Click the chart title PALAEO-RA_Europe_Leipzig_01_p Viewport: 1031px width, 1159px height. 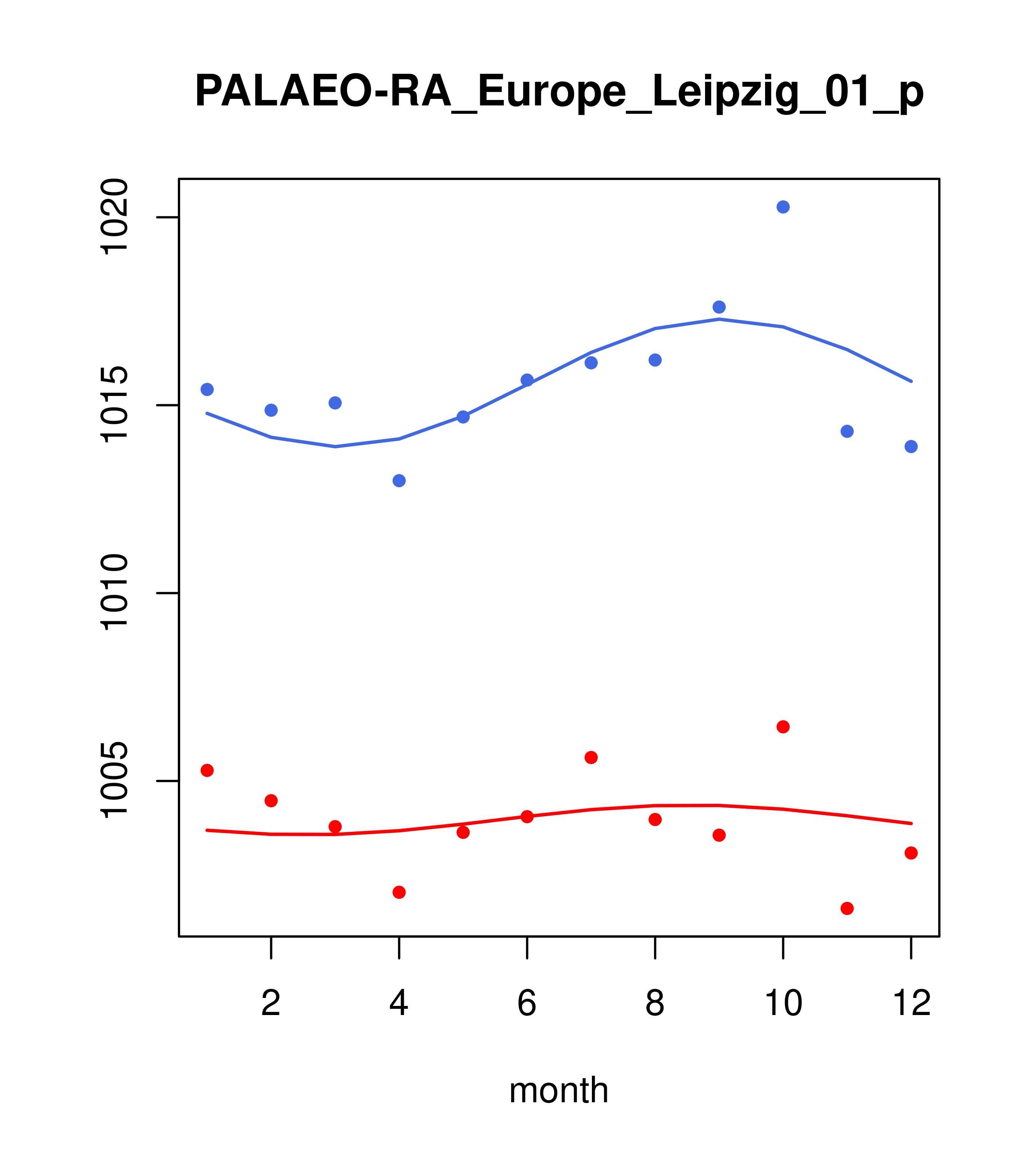tap(559, 92)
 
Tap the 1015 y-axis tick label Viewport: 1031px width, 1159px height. tap(114, 405)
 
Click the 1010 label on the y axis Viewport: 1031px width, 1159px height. tap(114, 593)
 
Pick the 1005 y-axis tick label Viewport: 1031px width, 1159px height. tap(114, 781)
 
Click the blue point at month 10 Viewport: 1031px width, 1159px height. tap(783, 207)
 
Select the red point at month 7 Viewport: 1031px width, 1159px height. tap(591, 758)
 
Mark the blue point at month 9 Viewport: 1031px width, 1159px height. tap(719, 307)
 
